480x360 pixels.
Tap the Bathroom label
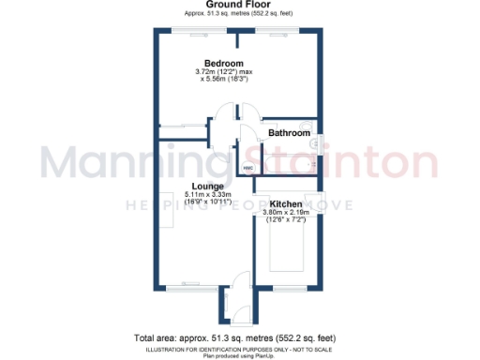pos(290,133)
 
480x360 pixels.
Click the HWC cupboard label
pos(248,168)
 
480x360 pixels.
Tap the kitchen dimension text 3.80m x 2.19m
pos(287,213)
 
